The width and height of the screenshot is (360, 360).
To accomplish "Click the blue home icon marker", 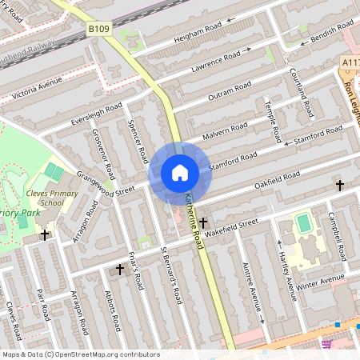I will coord(180,173).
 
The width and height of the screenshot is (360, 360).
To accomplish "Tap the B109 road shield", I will coord(98,29).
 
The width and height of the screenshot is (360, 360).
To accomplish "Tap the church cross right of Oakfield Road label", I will coord(339,186).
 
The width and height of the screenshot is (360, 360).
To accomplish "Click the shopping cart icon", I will coord(326,344).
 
